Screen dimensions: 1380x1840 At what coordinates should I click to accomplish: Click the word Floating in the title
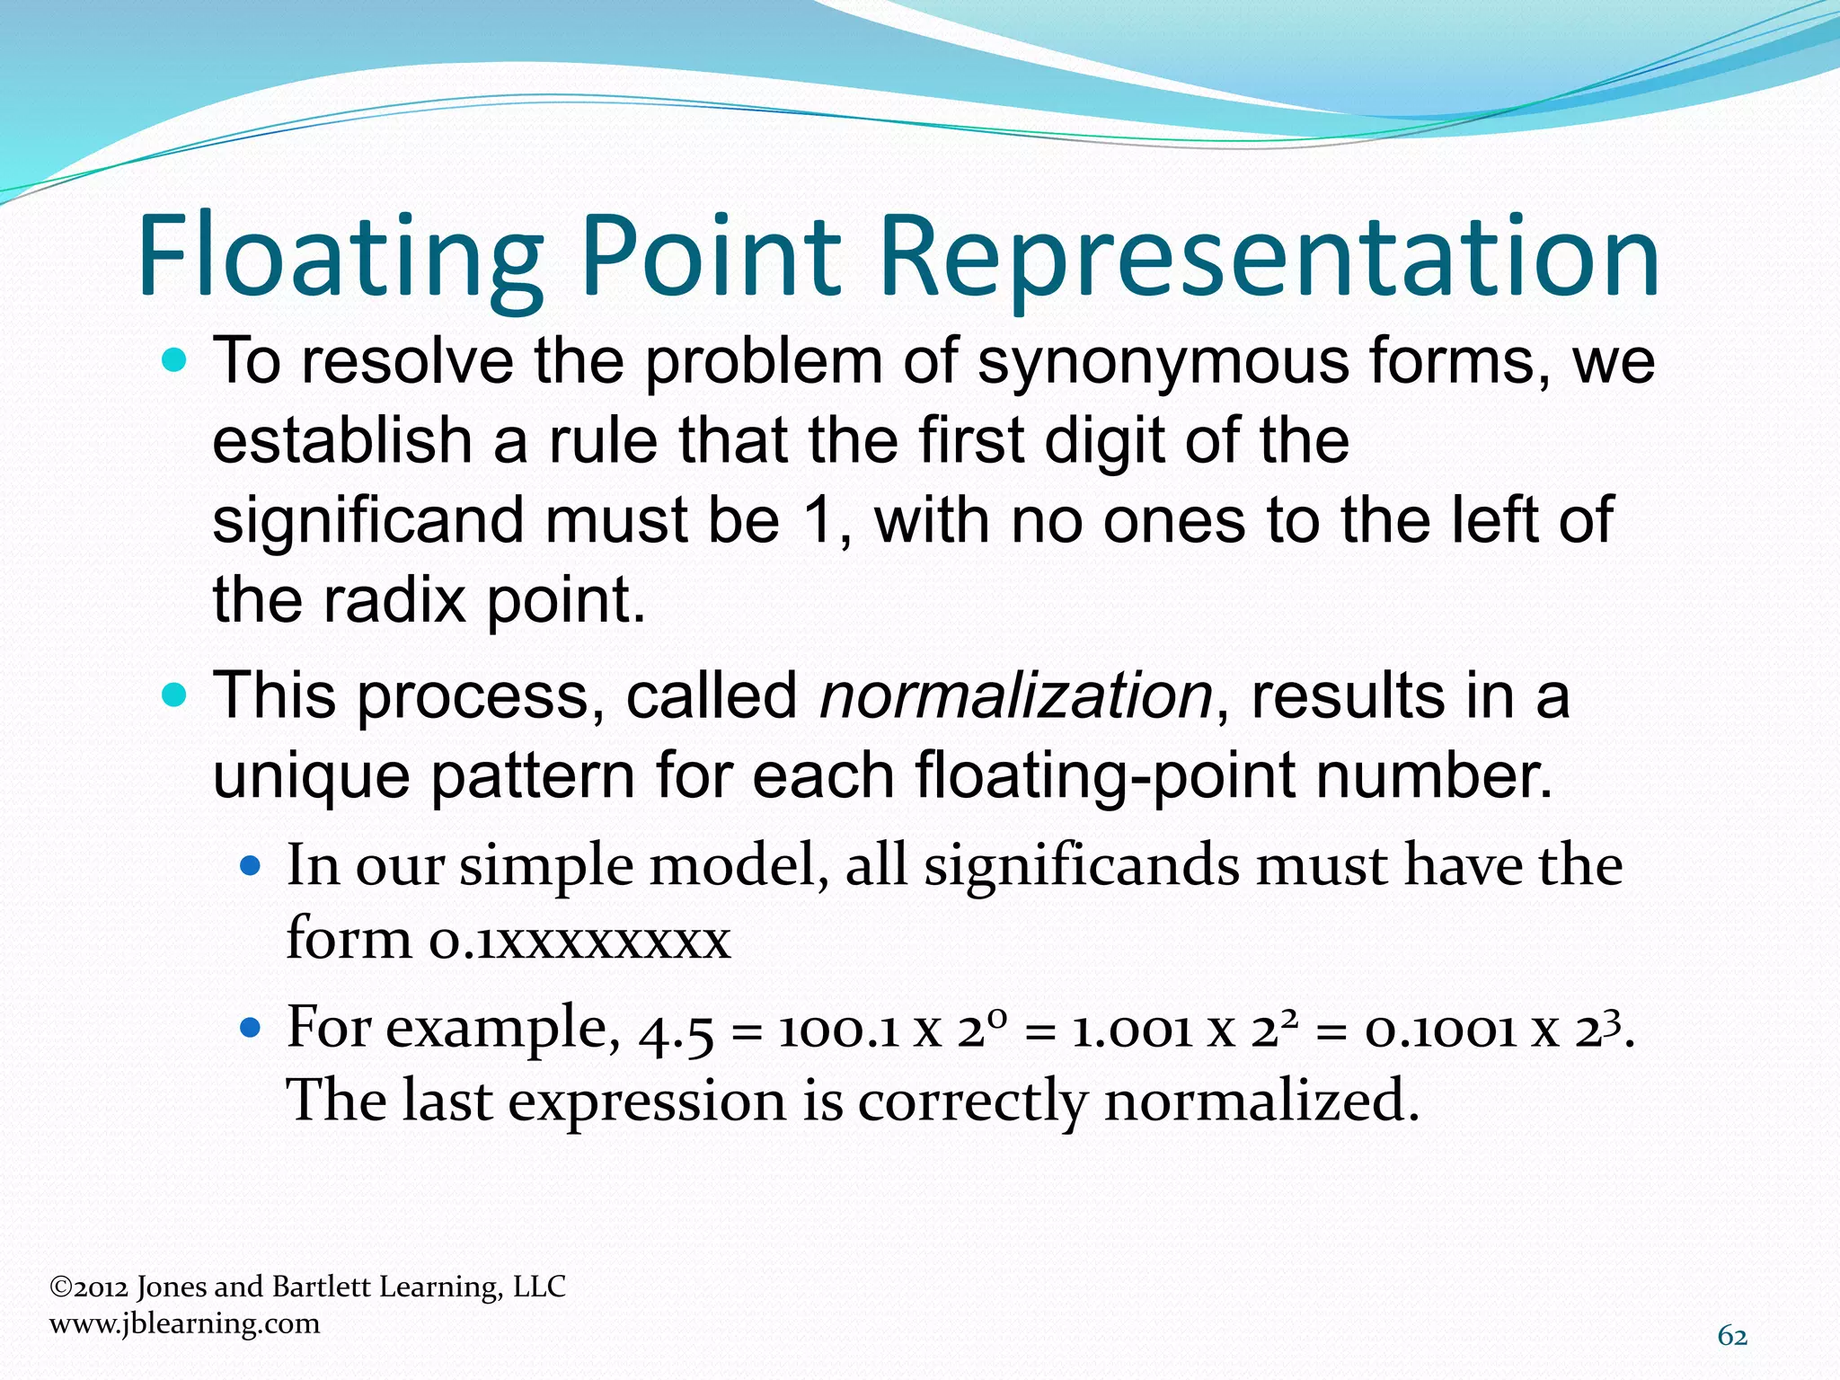point(341,256)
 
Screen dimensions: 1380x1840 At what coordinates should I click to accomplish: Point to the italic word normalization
point(1016,696)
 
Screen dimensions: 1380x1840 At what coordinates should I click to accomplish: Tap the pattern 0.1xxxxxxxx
point(579,940)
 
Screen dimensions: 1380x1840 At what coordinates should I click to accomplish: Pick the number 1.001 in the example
point(1131,1031)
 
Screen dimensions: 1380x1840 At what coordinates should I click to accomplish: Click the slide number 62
point(1732,1337)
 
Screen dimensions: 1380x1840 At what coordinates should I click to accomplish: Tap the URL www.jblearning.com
point(184,1323)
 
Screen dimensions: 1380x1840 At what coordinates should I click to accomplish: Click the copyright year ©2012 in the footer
point(89,1287)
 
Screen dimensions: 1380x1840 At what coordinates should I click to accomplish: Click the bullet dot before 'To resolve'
point(175,362)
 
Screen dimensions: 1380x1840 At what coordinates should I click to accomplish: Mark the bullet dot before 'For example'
point(251,1027)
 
